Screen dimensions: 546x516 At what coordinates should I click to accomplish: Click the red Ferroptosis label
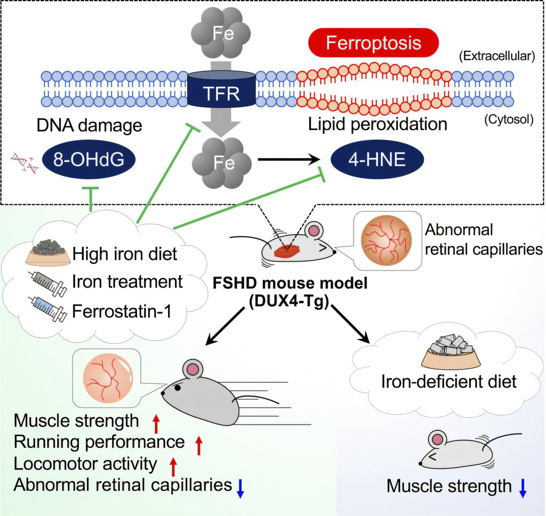click(374, 43)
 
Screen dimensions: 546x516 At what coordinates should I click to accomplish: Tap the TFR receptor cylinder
click(221, 89)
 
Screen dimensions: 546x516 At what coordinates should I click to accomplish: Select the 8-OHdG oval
click(89, 159)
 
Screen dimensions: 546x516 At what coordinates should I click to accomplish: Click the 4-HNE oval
click(377, 159)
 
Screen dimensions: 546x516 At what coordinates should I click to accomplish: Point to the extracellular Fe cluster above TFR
click(221, 33)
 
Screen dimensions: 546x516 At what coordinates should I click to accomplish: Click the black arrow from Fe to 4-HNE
click(289, 159)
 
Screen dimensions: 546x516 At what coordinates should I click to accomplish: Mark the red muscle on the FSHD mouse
click(287, 251)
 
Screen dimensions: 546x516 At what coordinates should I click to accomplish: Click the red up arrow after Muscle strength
click(157, 424)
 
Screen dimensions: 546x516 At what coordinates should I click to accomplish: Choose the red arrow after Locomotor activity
click(173, 467)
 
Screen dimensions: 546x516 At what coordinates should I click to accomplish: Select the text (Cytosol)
click(509, 119)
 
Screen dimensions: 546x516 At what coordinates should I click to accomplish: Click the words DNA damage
click(89, 125)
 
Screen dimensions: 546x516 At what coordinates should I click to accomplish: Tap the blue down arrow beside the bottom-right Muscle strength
click(523, 488)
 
